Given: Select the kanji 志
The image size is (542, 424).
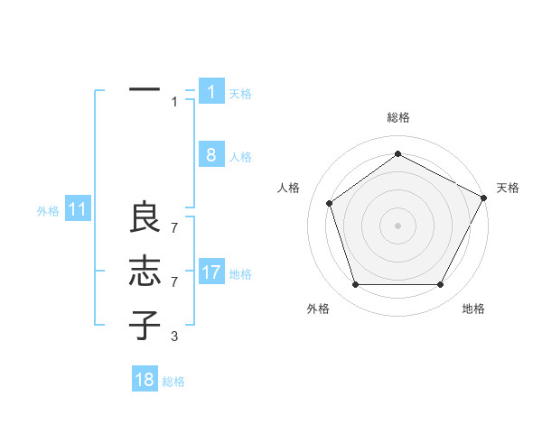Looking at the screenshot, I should click(x=145, y=272).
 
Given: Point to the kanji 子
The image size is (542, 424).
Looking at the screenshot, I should click(x=145, y=324).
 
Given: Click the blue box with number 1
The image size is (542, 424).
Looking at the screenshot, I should click(x=211, y=92).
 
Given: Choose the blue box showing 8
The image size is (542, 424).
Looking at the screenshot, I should click(x=211, y=155).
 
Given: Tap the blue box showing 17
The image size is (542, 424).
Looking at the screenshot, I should click(x=211, y=272).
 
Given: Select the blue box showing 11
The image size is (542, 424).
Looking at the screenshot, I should click(x=78, y=210).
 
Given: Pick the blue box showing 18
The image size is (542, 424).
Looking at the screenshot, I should click(x=145, y=380).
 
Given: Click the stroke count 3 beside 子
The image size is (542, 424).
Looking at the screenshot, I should click(x=173, y=336).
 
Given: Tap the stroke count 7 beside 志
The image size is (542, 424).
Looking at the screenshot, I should click(x=173, y=282).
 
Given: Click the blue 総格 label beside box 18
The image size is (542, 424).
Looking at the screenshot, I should click(x=173, y=382).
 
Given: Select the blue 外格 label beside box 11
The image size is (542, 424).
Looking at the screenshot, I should click(x=48, y=211).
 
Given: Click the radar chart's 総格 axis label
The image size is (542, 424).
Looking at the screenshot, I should click(x=397, y=117).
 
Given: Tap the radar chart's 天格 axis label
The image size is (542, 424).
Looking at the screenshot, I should click(x=508, y=188).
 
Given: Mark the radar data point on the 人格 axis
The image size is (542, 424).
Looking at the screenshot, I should click(x=330, y=203).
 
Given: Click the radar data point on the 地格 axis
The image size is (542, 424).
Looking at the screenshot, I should click(x=440, y=284).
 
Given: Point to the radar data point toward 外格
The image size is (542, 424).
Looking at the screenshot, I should click(x=355, y=284).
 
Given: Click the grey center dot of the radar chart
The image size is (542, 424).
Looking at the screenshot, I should click(x=397, y=225).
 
